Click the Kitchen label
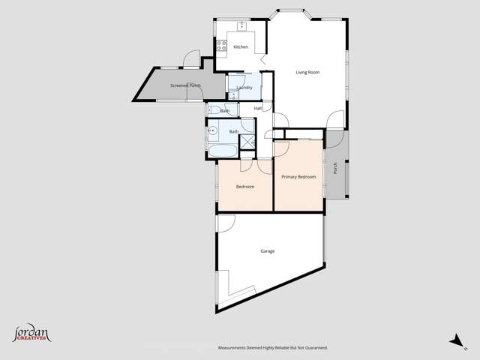click(x=241, y=47)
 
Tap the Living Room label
click(x=307, y=73)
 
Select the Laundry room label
click(x=244, y=88)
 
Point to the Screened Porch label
click(x=185, y=86)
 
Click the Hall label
click(x=258, y=109)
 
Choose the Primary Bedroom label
click(x=298, y=177)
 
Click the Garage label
click(x=268, y=251)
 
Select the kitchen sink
click(x=242, y=27)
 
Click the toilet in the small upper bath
click(x=216, y=111)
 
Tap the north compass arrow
click(x=455, y=340)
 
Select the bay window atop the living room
click(x=292, y=13)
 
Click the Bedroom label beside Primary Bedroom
click(x=245, y=187)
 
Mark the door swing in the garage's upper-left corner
click(x=226, y=221)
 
